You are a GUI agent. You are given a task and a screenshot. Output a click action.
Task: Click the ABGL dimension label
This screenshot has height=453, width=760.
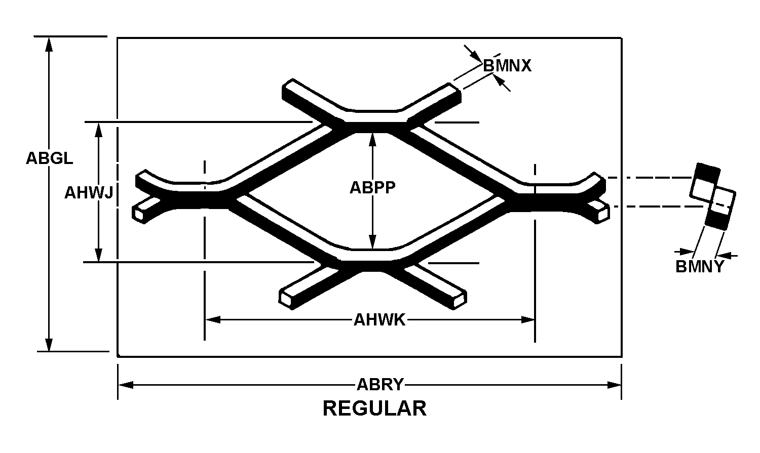(49, 158)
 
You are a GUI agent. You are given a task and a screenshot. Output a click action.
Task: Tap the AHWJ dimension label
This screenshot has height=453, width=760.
(88, 193)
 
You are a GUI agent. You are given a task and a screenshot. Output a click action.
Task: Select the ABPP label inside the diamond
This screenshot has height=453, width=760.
(372, 187)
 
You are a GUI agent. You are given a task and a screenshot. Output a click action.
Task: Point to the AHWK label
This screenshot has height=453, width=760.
(379, 320)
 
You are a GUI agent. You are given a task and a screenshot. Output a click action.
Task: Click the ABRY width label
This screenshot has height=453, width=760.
(380, 385)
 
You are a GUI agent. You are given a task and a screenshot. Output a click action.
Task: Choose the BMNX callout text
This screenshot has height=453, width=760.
(507, 66)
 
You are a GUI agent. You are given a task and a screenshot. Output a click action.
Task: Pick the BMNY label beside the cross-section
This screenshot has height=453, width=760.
(700, 267)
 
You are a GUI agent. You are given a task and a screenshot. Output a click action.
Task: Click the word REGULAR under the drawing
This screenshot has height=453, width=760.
(374, 408)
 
